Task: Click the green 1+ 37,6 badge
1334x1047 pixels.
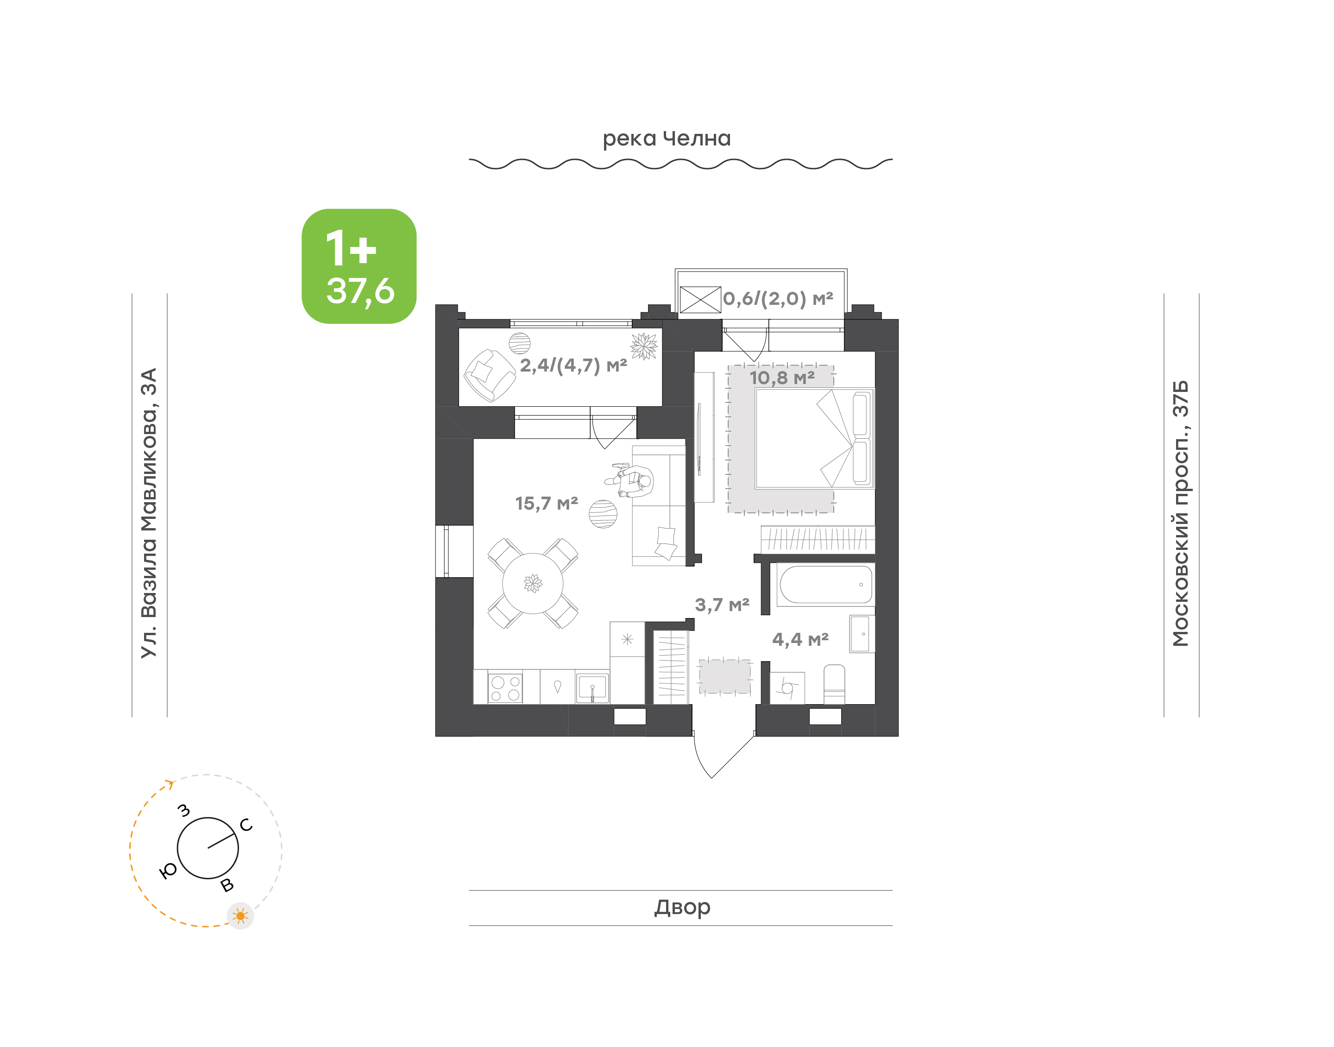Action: tap(359, 266)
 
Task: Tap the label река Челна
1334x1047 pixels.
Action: tap(667, 139)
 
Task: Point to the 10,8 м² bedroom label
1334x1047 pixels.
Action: tap(782, 378)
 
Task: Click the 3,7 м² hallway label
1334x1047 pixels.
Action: tap(722, 605)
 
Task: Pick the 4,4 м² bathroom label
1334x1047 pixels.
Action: tap(800, 639)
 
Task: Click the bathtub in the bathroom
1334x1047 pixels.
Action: tap(825, 585)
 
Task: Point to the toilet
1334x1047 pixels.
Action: tap(834, 684)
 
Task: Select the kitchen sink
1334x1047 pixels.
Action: tap(592, 688)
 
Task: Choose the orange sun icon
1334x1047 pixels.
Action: tap(240, 916)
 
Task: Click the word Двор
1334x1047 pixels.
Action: tap(682, 907)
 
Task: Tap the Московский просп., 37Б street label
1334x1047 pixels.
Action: tap(1180, 514)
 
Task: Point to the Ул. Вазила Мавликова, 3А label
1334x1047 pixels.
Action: tap(149, 513)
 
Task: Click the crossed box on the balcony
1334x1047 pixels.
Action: tap(700, 300)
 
